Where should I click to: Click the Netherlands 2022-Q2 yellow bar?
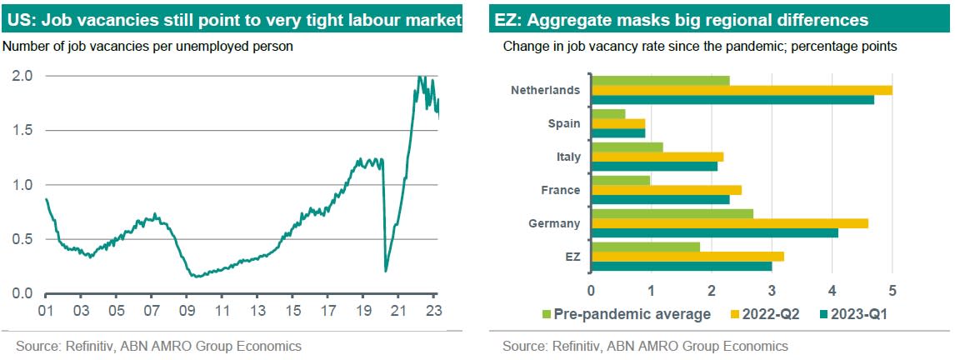[742, 90]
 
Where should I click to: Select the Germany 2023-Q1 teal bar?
[714, 233]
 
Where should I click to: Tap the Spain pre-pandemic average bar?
[607, 114]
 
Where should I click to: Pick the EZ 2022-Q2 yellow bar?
[687, 257]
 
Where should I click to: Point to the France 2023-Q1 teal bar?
[660, 200]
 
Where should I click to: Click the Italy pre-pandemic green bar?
[627, 147]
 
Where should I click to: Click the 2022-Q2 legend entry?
[766, 314]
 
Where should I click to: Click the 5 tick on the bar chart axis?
[892, 291]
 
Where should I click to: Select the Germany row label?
[554, 223]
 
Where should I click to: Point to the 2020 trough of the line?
[386, 269]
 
